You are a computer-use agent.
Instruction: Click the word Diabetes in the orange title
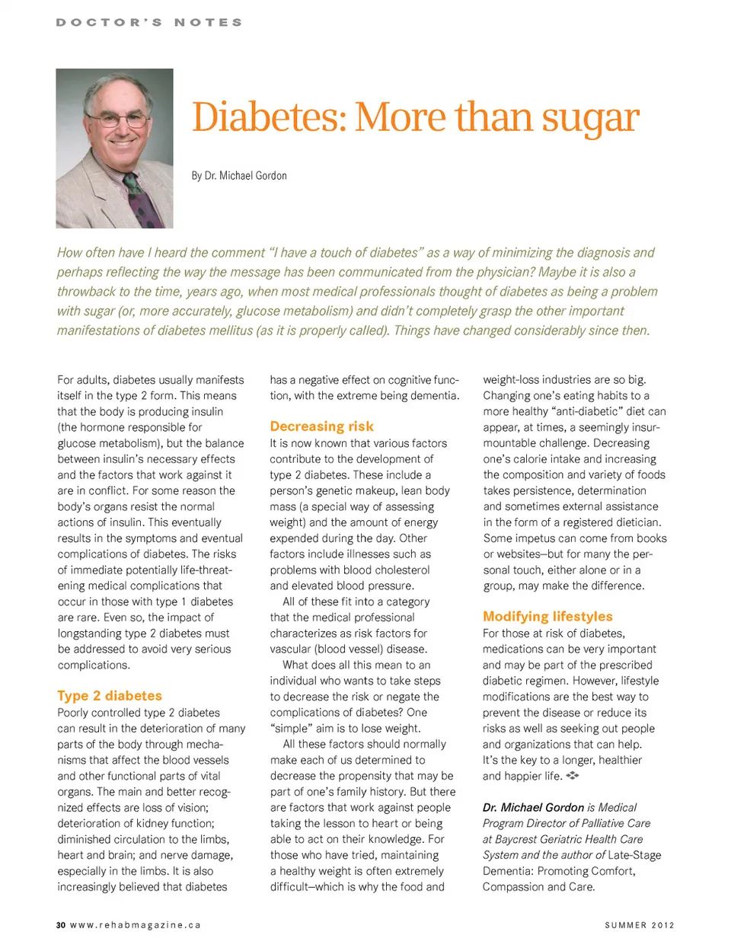pyautogui.click(x=267, y=117)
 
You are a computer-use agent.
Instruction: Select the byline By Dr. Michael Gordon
pyautogui.click(x=239, y=176)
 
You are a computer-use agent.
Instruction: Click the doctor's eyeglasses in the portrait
pyautogui.click(x=116, y=120)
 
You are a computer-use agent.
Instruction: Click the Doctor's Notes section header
pyautogui.click(x=149, y=23)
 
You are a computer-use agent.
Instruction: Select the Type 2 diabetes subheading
pyautogui.click(x=110, y=696)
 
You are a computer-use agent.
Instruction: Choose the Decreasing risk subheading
pyautogui.click(x=322, y=426)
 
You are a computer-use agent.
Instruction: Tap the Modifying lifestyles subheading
pyautogui.click(x=547, y=617)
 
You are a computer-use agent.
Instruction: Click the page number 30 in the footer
pyautogui.click(x=61, y=925)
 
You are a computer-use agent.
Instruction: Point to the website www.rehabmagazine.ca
pyautogui.click(x=136, y=925)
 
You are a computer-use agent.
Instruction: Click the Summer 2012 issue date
pyautogui.click(x=640, y=925)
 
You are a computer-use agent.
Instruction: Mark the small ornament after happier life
pyautogui.click(x=573, y=776)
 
